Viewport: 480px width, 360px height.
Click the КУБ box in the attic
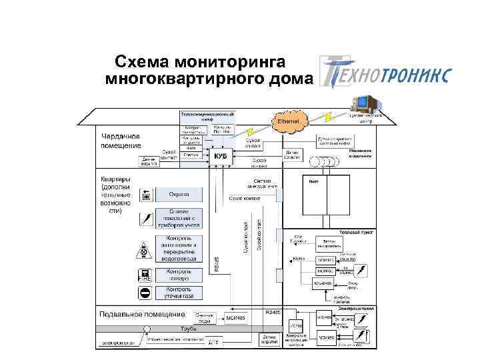[x=221, y=155]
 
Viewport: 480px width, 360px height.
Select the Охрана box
[x=178, y=195]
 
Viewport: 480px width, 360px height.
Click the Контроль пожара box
[x=179, y=275]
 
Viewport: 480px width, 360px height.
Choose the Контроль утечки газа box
[x=179, y=293]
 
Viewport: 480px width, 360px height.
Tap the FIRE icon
[x=145, y=275]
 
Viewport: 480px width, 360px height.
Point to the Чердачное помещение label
[x=121, y=141]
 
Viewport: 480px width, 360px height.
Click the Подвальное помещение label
[x=141, y=314]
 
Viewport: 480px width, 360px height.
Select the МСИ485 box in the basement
[x=235, y=319]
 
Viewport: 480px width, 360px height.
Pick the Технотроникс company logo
[x=384, y=72]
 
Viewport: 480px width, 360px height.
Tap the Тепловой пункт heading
[x=358, y=233]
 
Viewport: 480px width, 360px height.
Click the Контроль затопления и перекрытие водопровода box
[x=179, y=248]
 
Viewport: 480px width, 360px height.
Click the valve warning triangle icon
[x=145, y=250]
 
